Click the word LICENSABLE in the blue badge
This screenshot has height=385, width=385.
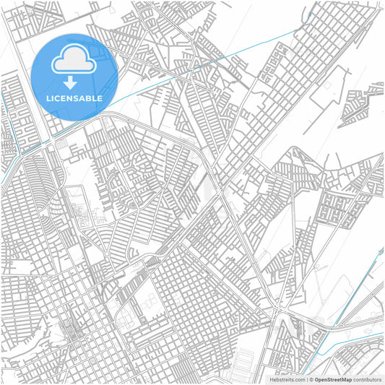tap(74, 98)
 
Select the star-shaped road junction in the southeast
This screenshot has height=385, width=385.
tap(288, 310)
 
